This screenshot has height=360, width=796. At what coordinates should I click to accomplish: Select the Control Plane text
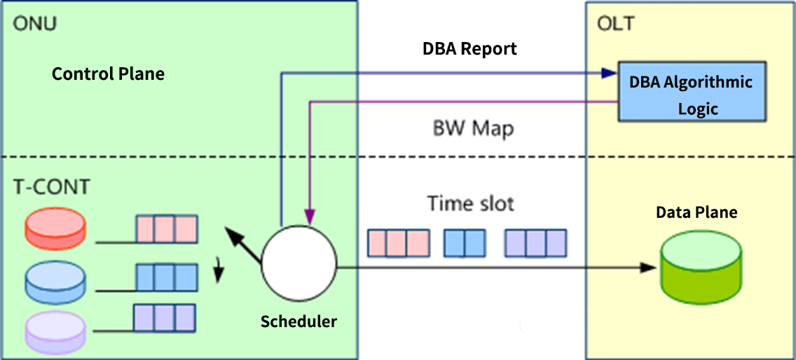pyautogui.click(x=109, y=74)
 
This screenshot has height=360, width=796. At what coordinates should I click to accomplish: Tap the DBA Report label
pyautogui.click(x=469, y=48)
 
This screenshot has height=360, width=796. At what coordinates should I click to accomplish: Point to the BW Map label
pyautogui.click(x=472, y=129)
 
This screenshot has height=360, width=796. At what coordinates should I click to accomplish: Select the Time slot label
pyautogui.click(x=470, y=204)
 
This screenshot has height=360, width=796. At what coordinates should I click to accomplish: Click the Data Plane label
pyautogui.click(x=696, y=212)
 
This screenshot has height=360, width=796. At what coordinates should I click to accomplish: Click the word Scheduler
pyautogui.click(x=298, y=321)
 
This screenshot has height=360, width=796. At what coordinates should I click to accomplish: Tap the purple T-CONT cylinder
pyautogui.click(x=55, y=329)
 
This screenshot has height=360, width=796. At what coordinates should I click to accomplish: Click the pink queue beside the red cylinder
pyautogui.click(x=166, y=229)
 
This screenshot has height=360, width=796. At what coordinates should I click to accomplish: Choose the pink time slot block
pyautogui.click(x=398, y=242)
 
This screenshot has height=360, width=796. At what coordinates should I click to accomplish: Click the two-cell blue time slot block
pyautogui.click(x=465, y=242)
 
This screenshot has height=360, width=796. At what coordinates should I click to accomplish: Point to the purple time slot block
pyautogui.click(x=535, y=242)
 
